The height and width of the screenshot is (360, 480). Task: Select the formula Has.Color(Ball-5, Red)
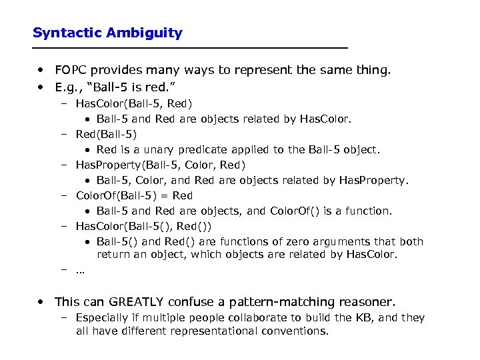pos(134,103)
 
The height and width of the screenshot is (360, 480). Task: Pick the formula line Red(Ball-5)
pos(107,134)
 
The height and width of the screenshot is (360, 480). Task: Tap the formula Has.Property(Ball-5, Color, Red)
pos(161,165)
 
